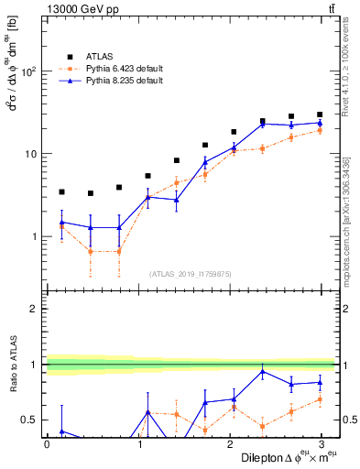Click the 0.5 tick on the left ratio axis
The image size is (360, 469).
(32, 420)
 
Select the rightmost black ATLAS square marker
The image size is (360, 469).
(320, 115)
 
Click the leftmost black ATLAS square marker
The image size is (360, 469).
(61, 192)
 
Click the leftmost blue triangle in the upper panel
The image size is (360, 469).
(61, 222)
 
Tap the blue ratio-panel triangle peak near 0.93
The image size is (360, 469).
(262, 371)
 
